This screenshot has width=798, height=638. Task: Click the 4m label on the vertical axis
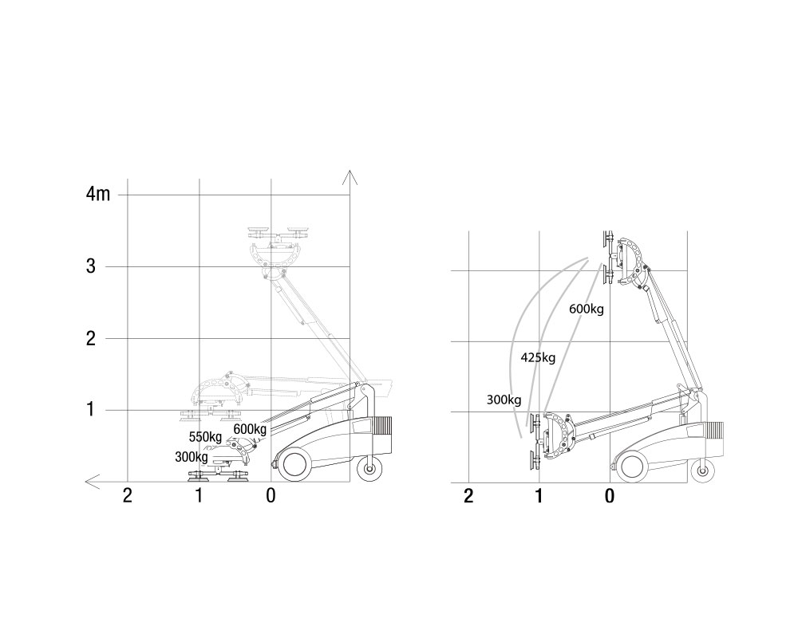[x=98, y=194]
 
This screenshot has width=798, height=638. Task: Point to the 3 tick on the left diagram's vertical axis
[x=91, y=266]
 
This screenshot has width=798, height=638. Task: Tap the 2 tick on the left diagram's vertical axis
[x=91, y=338]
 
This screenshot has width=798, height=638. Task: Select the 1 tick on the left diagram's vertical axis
[x=91, y=409]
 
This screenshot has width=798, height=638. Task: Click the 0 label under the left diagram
[x=271, y=495]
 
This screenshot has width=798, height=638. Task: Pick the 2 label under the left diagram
[x=127, y=495]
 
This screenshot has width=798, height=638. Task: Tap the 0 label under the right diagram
[x=609, y=495]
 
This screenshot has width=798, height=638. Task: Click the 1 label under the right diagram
[x=539, y=495]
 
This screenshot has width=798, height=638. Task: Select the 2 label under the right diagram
[x=468, y=495]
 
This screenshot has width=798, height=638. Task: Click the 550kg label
[x=205, y=437]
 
